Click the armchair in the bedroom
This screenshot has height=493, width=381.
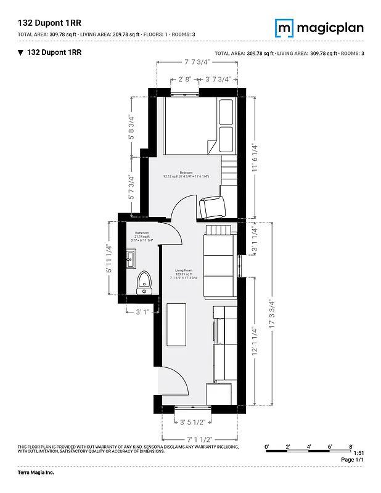(211, 206)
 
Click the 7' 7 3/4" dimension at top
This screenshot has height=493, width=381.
(197, 62)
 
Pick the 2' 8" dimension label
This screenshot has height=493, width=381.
(185, 79)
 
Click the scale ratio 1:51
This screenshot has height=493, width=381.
(358, 453)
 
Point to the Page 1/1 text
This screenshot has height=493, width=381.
(353, 460)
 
